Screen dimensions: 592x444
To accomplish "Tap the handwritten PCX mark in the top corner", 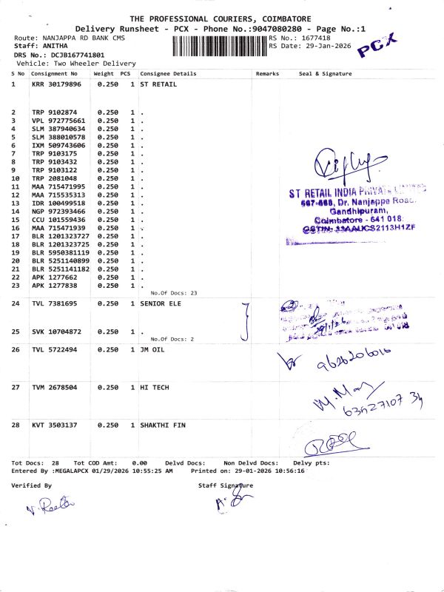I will pos(377,46).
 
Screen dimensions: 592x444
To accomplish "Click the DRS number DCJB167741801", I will pos(73,55).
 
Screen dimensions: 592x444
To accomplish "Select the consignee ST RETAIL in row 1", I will pos(157,84).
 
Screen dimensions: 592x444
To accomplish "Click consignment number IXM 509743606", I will pos(58,145).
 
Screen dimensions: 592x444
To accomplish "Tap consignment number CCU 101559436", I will pos(58,220).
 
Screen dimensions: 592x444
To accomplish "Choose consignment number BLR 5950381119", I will pos(60,252).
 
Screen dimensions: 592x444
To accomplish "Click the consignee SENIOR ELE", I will pos(161,304).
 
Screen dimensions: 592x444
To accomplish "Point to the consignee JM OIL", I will pos(152,349).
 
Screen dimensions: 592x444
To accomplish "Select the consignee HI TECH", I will pos(154,387).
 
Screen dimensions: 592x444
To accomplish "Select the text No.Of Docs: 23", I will pos(173,293).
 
